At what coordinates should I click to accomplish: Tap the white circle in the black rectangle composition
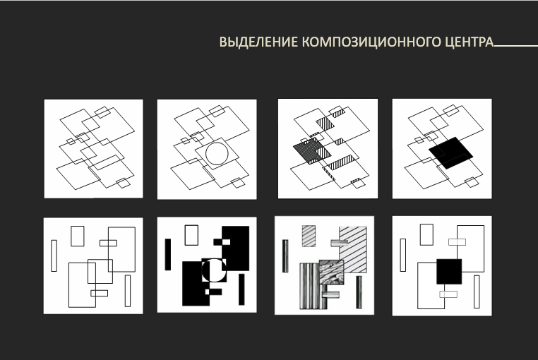coord(214,270)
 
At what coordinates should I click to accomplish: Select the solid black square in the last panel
coord(449,272)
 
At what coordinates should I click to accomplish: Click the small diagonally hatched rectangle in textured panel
coord(309,235)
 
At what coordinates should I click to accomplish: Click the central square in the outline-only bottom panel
coord(100,272)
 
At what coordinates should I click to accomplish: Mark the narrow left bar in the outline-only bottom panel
coord(54,256)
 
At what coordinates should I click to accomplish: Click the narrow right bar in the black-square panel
coord(477,291)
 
